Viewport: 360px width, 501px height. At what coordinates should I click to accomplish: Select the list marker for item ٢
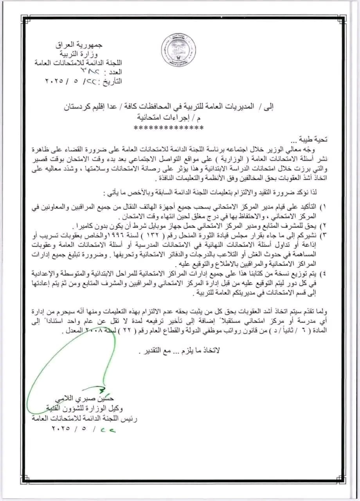coord(325,226)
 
